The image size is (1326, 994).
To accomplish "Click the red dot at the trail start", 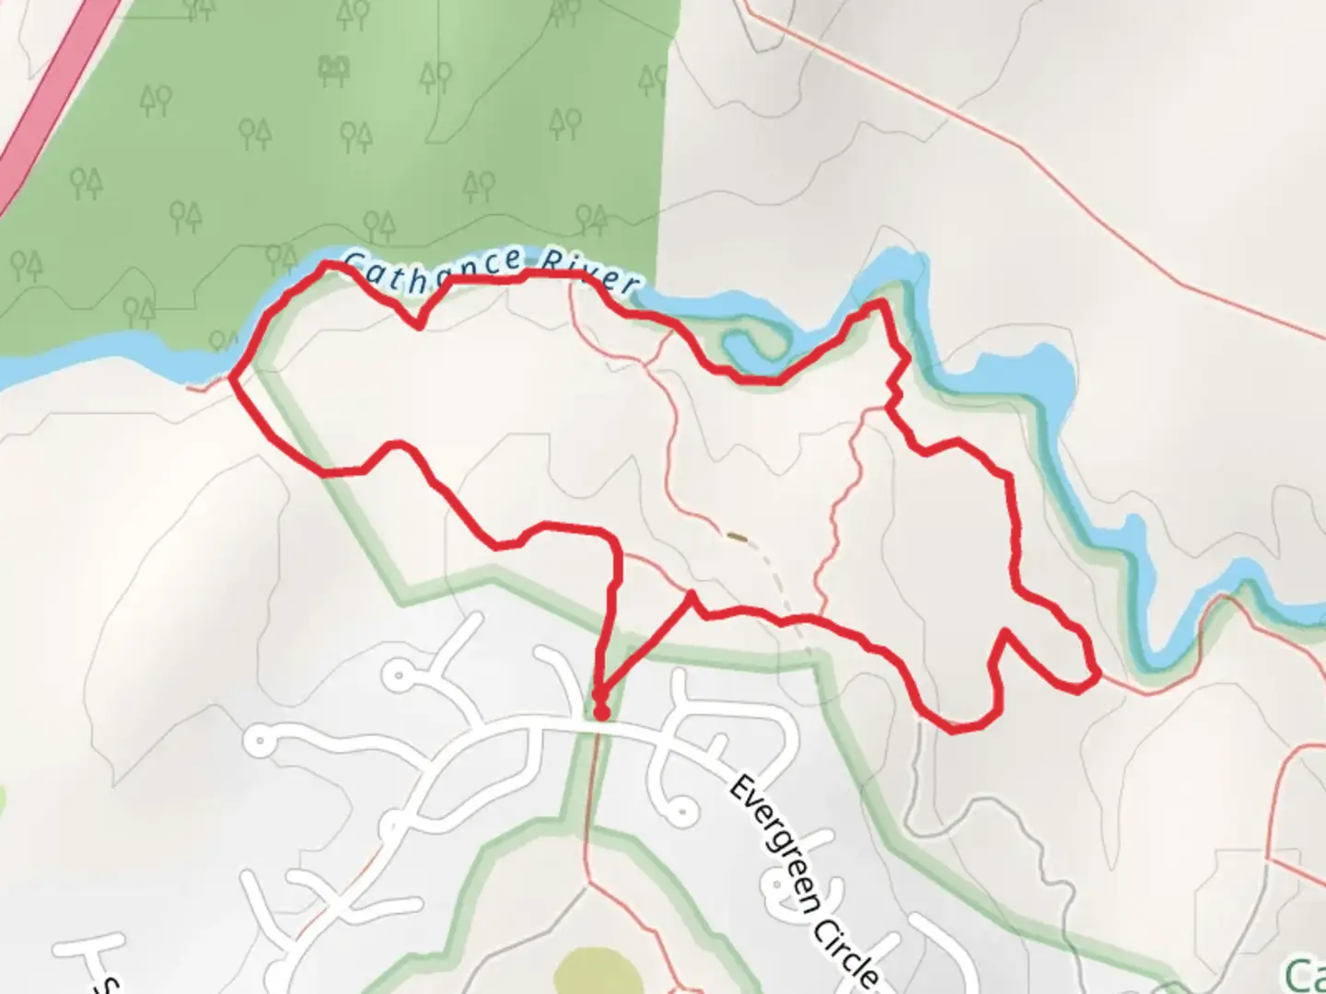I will click(x=600, y=711).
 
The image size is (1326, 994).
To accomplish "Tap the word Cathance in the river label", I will click(x=433, y=269).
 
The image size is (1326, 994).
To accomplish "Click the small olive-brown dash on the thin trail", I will click(x=738, y=535).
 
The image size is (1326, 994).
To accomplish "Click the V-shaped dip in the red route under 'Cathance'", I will click(x=420, y=325).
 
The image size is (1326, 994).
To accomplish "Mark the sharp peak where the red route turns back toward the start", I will click(x=692, y=595).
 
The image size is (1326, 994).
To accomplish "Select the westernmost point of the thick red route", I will click(x=230, y=376).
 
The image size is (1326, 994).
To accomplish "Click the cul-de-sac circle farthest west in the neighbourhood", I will click(x=262, y=738).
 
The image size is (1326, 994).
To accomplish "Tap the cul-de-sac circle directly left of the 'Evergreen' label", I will click(x=681, y=811).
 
